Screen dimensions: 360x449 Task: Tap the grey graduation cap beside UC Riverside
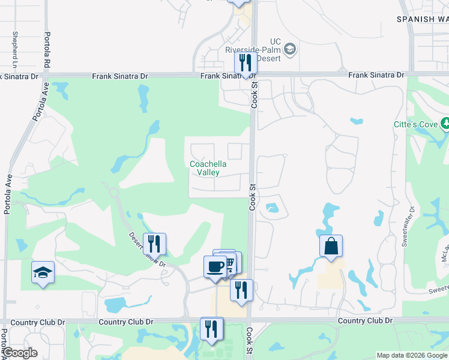coord(290,49)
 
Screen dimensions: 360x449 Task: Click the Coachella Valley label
coord(204,168)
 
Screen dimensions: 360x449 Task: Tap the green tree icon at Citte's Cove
coord(445,124)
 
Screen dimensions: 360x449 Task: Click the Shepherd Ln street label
coord(15,49)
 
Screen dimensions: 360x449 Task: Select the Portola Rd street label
coord(47,49)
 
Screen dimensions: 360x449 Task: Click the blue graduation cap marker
coord(43,272)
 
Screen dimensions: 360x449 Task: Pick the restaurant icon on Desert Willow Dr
coord(154,244)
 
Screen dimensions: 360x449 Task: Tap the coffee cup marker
coord(215,266)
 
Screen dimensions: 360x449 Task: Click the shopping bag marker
coord(331,246)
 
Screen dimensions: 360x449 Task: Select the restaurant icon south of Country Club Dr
coord(212,328)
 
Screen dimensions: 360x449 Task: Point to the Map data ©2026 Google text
coord(412,355)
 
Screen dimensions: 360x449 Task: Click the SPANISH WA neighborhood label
coord(423,19)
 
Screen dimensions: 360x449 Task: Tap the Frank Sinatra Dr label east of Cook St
coord(376,75)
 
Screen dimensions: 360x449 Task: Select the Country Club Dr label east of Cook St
coord(365,321)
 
